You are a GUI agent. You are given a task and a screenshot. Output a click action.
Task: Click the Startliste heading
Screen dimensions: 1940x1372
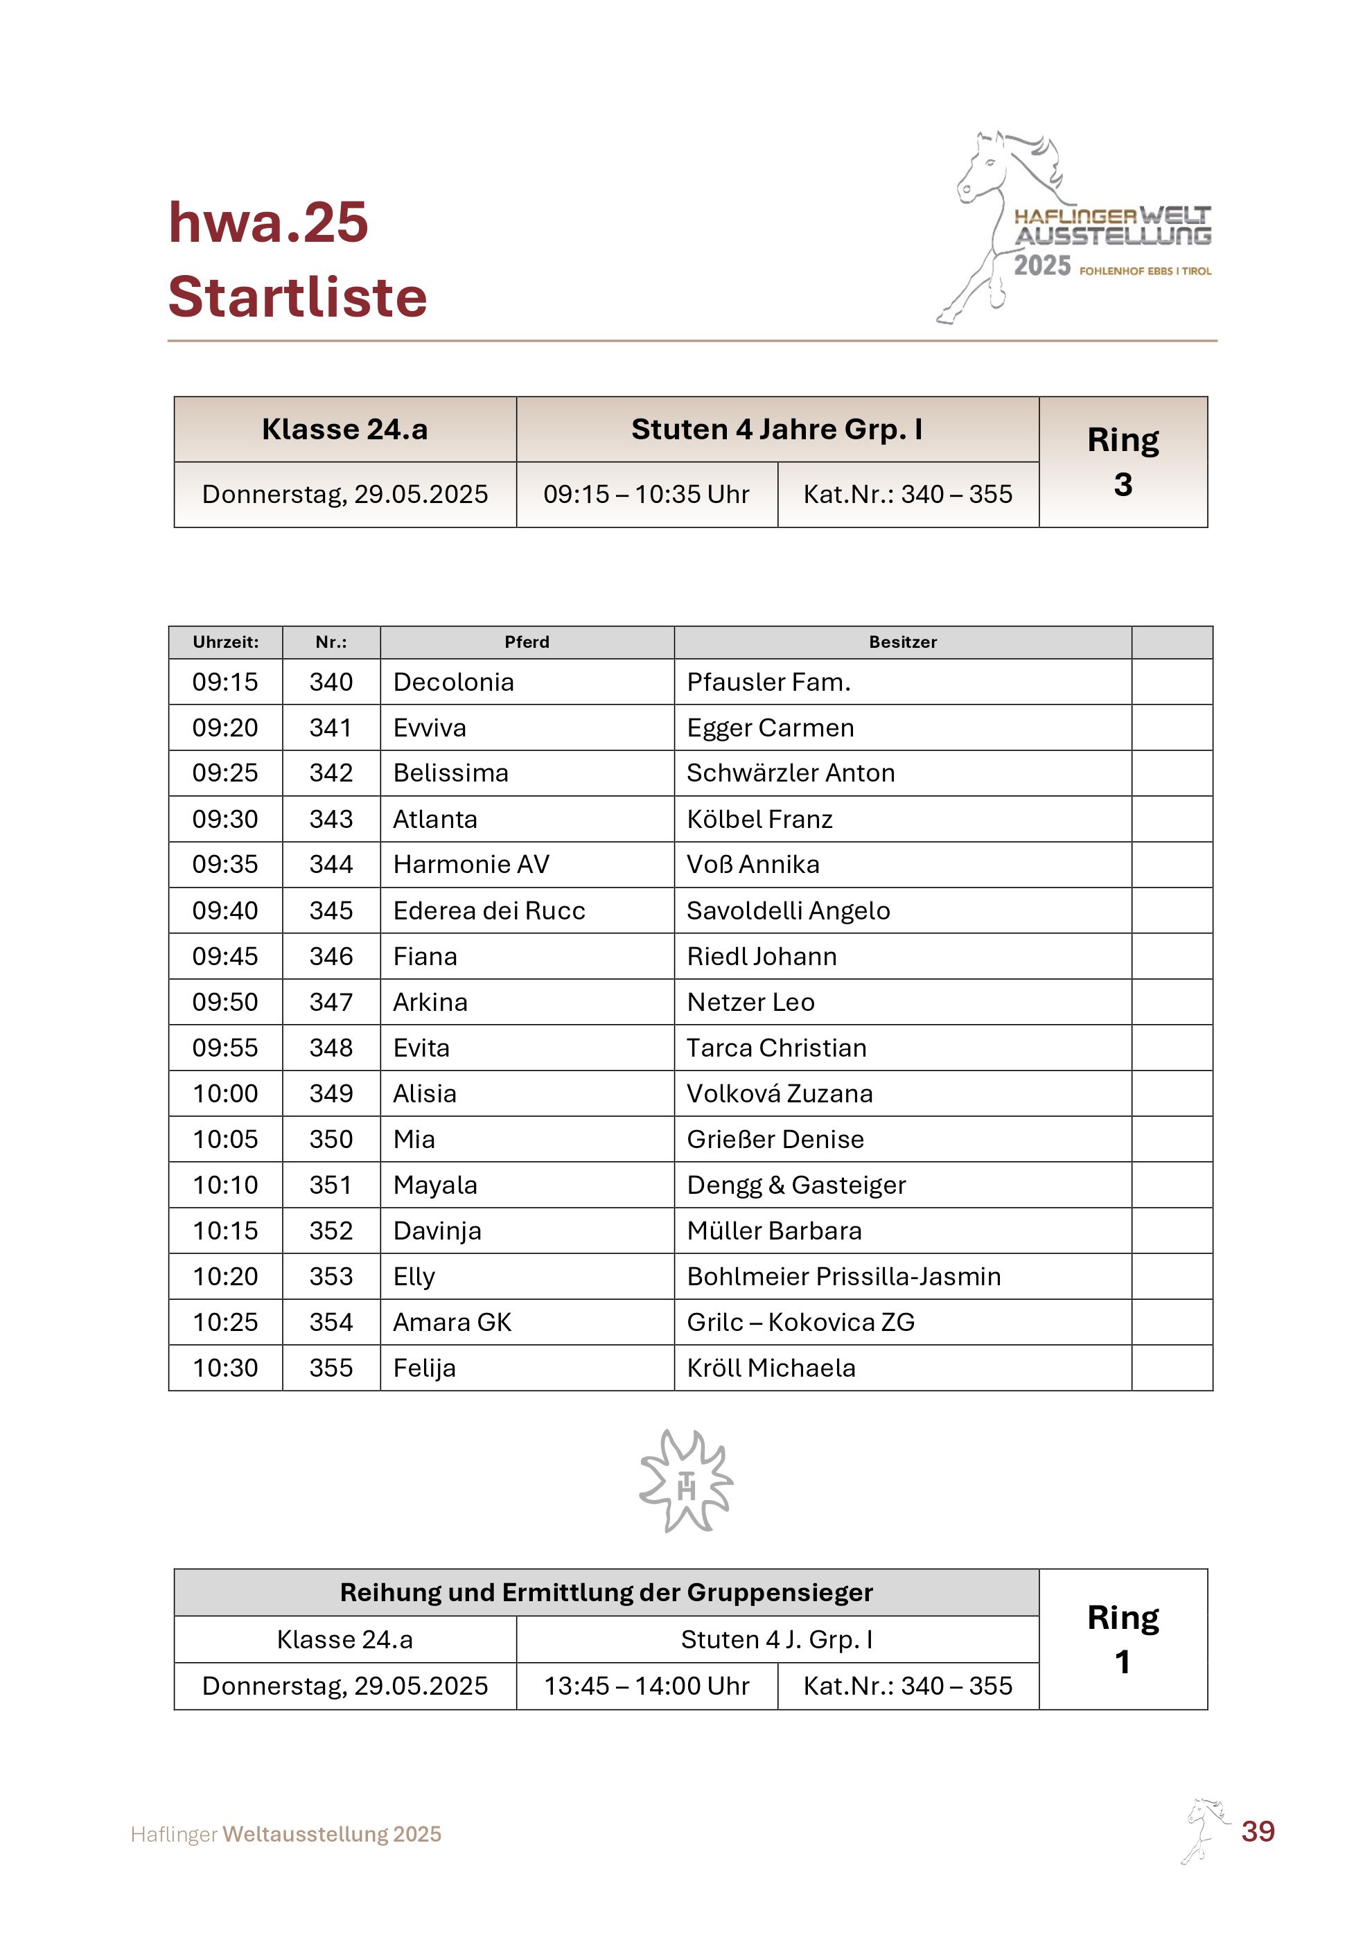click(x=297, y=297)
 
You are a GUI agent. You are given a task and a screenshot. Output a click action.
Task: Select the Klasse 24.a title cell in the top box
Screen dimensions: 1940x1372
click(x=344, y=430)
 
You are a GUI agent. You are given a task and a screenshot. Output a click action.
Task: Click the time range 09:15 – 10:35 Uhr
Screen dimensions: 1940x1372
click(x=647, y=494)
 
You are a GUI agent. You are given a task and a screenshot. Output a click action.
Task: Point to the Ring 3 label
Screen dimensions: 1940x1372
click(x=1123, y=461)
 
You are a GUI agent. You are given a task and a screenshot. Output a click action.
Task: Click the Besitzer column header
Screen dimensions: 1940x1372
click(x=902, y=642)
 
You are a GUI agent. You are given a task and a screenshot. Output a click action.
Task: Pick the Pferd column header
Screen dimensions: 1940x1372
click(x=527, y=642)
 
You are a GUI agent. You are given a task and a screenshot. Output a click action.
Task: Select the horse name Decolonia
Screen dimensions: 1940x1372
click(x=454, y=682)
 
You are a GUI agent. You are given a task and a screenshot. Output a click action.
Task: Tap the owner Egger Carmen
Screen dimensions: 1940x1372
click(x=771, y=727)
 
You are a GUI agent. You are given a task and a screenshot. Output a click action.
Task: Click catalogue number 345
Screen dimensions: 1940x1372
click(x=331, y=911)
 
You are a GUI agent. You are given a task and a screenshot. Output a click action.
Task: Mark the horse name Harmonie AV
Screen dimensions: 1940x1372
click(x=471, y=865)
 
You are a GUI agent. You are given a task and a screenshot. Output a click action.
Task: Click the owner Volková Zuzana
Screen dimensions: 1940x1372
click(x=780, y=1093)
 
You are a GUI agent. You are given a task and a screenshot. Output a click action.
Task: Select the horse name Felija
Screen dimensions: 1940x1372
click(x=425, y=1368)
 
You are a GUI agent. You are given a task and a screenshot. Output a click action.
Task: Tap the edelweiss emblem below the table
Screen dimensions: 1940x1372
click(x=686, y=1481)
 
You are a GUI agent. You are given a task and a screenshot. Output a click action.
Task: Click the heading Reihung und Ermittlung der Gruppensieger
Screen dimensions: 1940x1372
click(x=606, y=1592)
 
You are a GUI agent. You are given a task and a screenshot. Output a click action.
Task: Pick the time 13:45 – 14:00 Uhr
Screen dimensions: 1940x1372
click(x=647, y=1686)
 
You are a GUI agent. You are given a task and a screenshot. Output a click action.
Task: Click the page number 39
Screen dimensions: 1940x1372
click(x=1257, y=1831)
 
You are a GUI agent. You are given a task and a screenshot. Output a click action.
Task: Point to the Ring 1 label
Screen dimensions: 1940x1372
click(x=1123, y=1639)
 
